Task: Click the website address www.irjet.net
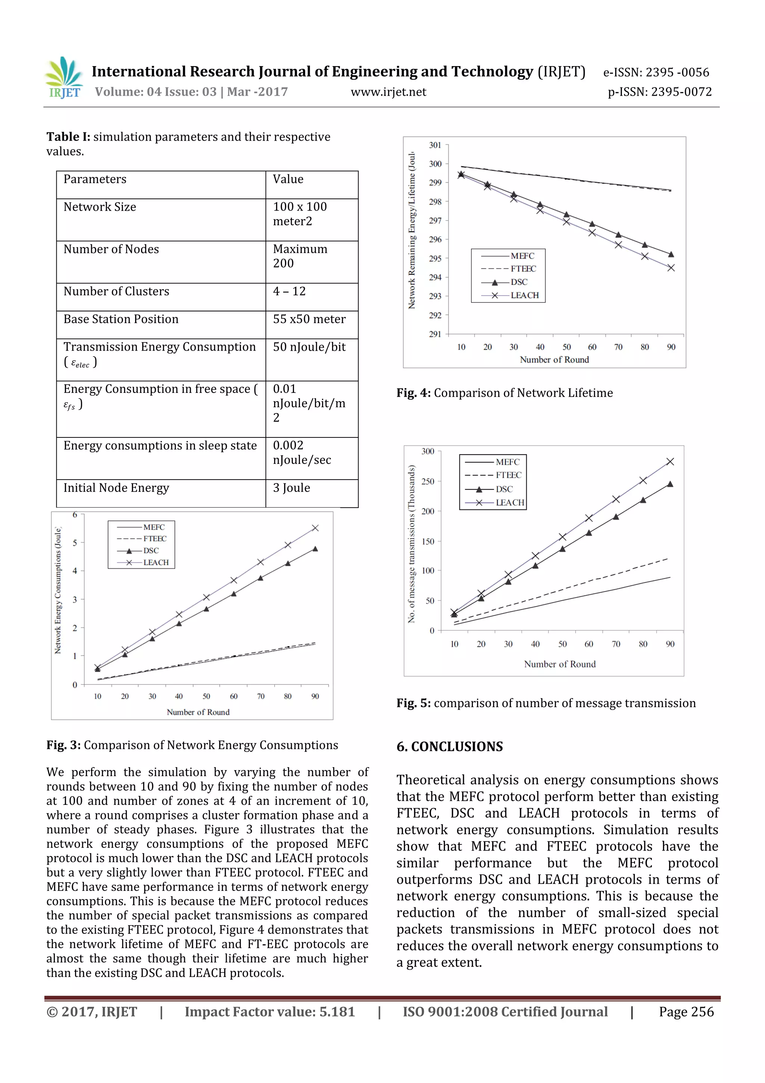click(388, 92)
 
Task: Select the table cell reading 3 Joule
click(291, 488)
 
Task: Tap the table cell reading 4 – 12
click(289, 292)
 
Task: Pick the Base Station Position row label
click(121, 319)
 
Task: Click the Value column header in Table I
click(288, 179)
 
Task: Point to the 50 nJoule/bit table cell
click(309, 347)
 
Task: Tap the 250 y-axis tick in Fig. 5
click(428, 481)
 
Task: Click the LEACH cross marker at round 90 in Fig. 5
click(670, 462)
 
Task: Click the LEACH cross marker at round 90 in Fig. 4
click(671, 268)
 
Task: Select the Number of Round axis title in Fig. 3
click(198, 712)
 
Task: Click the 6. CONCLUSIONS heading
click(449, 747)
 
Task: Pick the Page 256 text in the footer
click(686, 1012)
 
